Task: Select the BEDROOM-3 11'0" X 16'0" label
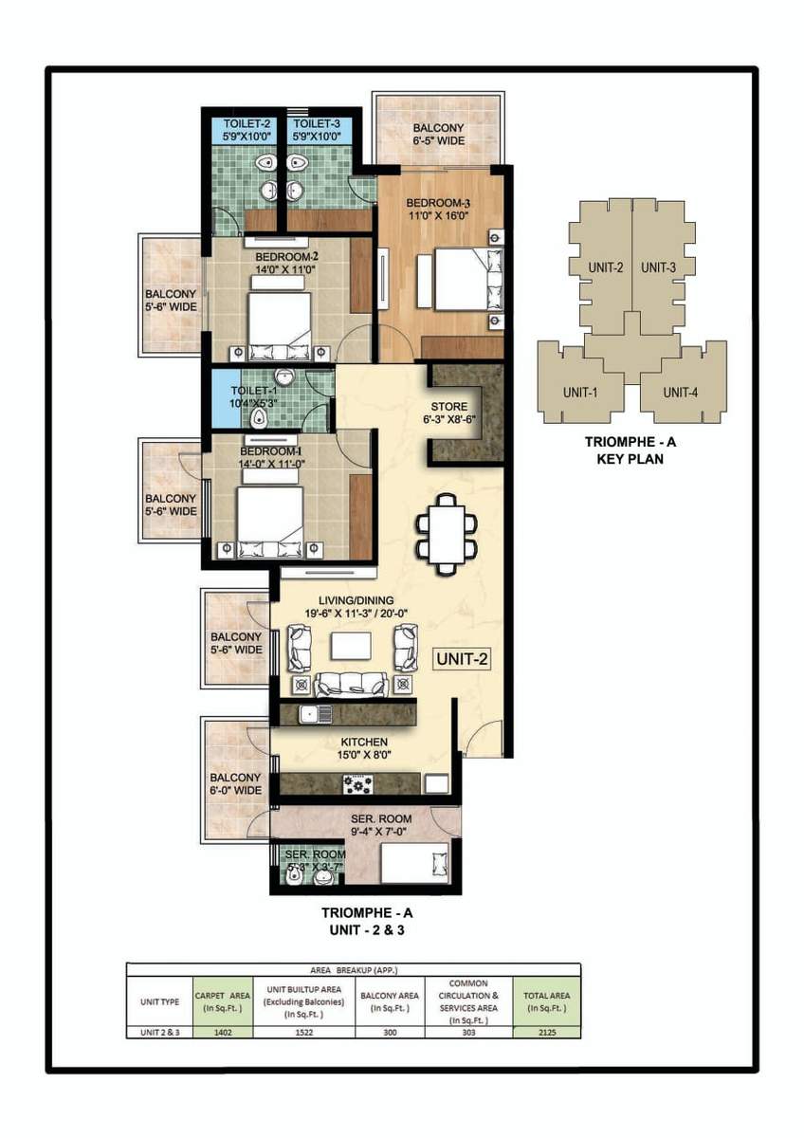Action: pyautogui.click(x=439, y=210)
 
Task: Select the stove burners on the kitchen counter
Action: pyautogui.click(x=359, y=784)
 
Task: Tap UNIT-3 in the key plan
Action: pyautogui.click(x=658, y=267)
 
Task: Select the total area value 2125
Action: pyautogui.click(x=546, y=1033)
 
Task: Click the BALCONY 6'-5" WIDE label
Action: pyautogui.click(x=438, y=135)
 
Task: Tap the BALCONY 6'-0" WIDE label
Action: pyautogui.click(x=235, y=784)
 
